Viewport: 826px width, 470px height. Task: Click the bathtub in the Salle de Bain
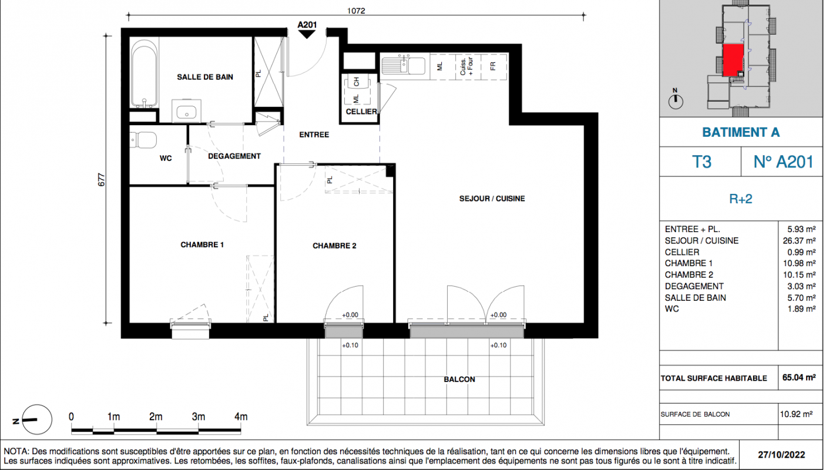point(144,73)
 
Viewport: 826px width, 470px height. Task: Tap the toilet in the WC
point(143,140)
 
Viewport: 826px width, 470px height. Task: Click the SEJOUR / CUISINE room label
point(492,199)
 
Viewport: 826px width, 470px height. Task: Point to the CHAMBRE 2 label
point(334,246)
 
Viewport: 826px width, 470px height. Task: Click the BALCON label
point(459,380)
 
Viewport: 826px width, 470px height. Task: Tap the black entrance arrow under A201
point(307,34)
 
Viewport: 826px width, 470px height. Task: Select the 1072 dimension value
point(356,11)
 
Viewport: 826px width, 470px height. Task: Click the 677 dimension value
point(102,180)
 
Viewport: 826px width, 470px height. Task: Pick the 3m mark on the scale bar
point(199,417)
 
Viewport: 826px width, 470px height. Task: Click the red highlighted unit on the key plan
point(733,60)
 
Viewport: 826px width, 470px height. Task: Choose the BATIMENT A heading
point(741,132)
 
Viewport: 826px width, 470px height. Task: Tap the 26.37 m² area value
point(799,241)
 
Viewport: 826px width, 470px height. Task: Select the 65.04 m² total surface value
point(799,378)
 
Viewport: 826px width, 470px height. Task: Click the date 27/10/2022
point(781,455)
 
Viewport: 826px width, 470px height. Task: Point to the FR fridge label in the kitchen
point(493,66)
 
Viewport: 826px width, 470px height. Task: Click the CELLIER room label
point(361,111)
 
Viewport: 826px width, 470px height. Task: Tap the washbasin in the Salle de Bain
point(187,110)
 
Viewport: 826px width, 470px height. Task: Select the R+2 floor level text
point(741,199)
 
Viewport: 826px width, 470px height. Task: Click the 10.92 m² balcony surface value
point(796,414)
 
